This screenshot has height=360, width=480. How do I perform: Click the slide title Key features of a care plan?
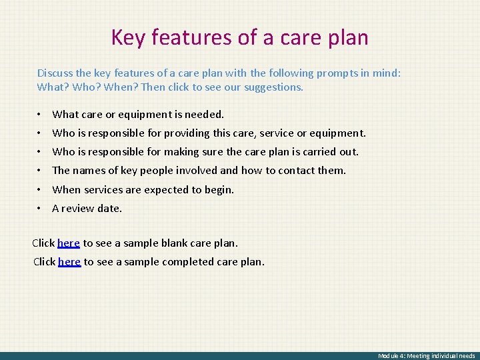(x=239, y=37)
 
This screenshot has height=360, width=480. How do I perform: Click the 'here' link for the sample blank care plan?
(x=69, y=243)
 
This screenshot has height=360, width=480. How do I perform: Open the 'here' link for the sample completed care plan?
(x=69, y=262)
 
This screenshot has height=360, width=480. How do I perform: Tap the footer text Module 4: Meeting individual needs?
(x=427, y=356)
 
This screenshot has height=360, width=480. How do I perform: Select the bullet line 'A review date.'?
(x=87, y=208)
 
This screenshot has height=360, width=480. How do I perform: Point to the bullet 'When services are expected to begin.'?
(x=143, y=189)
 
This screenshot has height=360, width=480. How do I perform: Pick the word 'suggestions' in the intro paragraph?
(x=273, y=87)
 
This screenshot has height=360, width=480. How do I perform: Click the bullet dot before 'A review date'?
(x=40, y=208)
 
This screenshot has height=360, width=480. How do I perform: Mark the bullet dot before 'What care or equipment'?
(x=40, y=115)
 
